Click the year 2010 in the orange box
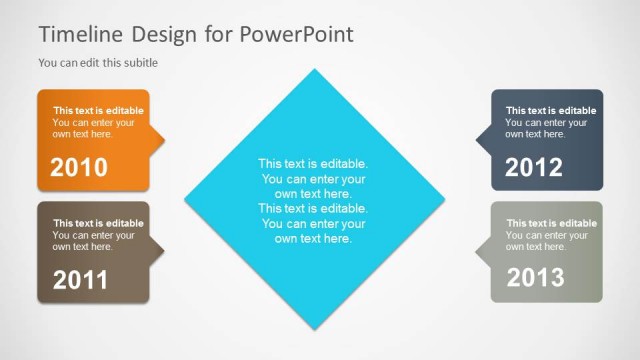click(79, 167)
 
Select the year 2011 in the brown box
click(79, 281)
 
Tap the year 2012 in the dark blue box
click(534, 167)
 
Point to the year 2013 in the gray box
click(535, 278)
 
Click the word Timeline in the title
click(81, 34)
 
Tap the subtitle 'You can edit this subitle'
click(98, 62)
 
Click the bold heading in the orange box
click(98, 111)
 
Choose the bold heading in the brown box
click(98, 223)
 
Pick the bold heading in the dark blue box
click(550, 111)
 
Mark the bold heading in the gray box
click(551, 223)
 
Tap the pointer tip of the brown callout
click(164, 250)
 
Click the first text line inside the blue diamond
click(313, 163)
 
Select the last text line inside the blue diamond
click(313, 239)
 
